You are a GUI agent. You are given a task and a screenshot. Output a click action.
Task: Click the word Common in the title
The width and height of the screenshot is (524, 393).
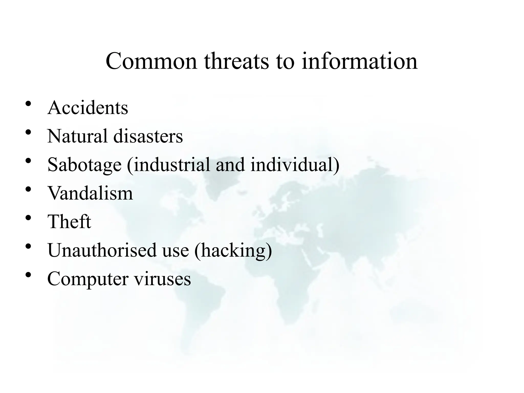point(151,61)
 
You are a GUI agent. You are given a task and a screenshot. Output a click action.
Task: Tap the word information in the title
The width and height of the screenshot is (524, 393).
point(359,61)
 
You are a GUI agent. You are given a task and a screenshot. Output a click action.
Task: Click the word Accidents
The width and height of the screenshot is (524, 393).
point(88,108)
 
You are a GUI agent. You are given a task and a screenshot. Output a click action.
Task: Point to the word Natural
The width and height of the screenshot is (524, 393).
point(77,136)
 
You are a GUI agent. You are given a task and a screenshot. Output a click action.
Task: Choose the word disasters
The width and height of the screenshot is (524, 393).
point(148,136)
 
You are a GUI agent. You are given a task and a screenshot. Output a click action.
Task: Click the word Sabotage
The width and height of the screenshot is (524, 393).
point(84,165)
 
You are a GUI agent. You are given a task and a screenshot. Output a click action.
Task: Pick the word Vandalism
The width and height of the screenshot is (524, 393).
point(90,193)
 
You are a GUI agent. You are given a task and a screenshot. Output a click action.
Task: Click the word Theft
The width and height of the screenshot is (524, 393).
point(69,222)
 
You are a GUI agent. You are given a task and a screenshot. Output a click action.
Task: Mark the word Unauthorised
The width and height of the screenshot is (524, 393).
point(102,250)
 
